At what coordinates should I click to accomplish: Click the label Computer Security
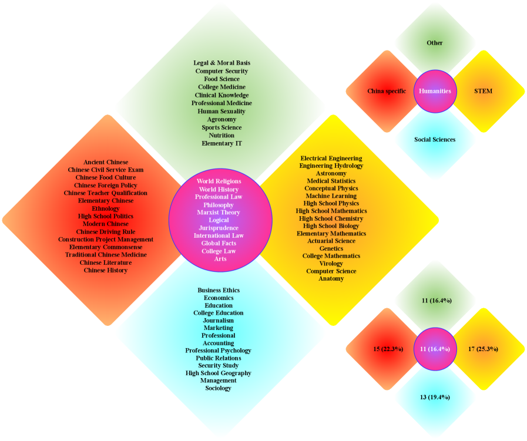point(221,71)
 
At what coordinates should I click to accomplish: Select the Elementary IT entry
point(221,143)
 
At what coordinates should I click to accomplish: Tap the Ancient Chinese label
point(106,162)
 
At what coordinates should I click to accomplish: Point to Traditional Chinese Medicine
point(106,255)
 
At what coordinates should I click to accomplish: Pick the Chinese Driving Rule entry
point(106,231)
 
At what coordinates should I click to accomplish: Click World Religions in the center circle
point(219,182)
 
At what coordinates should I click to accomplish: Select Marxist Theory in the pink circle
point(219,213)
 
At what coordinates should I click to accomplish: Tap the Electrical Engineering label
point(331,158)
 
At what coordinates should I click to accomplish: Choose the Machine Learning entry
point(331,196)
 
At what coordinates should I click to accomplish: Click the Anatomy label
point(331,278)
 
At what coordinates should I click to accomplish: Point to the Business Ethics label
point(219,290)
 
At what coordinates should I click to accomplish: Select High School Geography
point(219,373)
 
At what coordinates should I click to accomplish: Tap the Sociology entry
point(219,388)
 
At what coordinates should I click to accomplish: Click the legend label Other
point(435,43)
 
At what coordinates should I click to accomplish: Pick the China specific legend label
point(387,91)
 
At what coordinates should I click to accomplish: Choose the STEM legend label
point(483,91)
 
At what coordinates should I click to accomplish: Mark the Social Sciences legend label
point(435,140)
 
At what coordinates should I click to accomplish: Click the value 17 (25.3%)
point(483,349)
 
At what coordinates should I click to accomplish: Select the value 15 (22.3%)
point(388,349)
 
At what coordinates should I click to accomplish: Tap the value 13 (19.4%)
point(435,398)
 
